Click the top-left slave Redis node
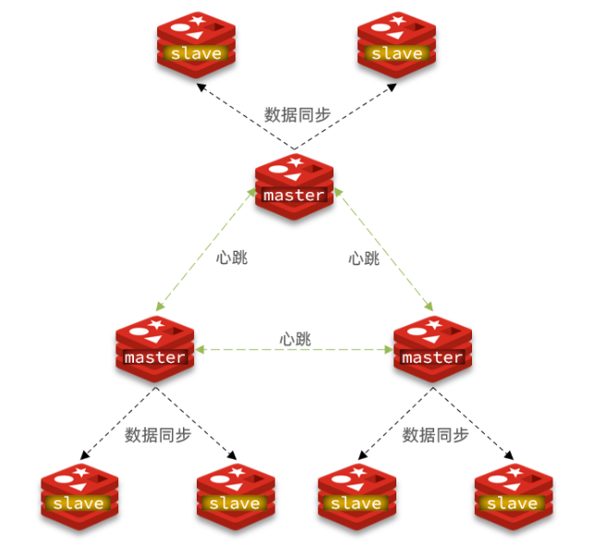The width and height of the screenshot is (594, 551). point(196,42)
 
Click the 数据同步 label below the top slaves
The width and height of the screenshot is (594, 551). point(297,114)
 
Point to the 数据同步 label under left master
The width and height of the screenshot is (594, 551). point(158,434)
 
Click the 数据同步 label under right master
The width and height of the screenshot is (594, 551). point(435,434)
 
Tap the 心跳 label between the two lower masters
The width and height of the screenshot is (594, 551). point(296,339)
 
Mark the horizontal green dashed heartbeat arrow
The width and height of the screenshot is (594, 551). point(294,351)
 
